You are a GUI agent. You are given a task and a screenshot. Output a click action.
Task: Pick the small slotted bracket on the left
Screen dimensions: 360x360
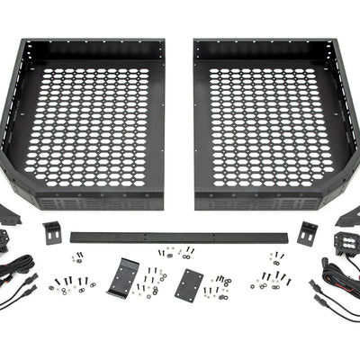tap(51, 231)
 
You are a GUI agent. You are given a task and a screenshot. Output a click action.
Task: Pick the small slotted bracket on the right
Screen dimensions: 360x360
tap(308, 231)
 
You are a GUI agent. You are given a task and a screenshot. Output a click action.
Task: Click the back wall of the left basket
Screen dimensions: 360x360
tap(94, 49)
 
